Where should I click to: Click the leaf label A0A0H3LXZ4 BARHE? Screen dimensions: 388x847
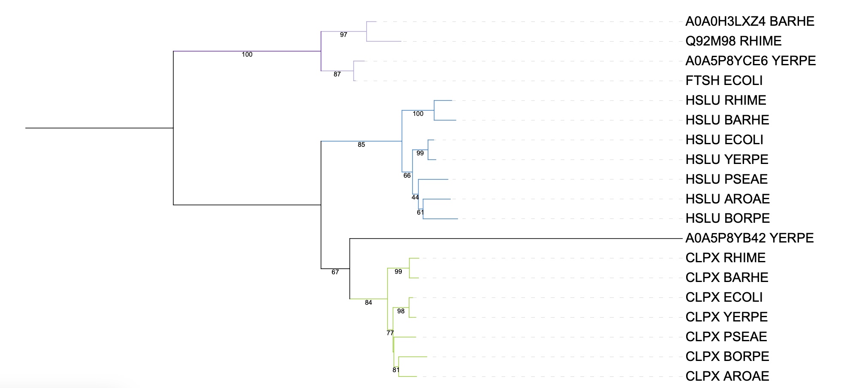[749, 21]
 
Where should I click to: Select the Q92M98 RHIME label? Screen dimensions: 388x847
[733, 41]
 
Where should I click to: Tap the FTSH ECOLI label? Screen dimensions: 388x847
[724, 81]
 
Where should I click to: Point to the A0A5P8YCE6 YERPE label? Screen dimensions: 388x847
[750, 61]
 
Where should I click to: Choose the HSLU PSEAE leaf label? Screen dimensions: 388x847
[726, 179]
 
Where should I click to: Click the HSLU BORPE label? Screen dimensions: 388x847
[727, 218]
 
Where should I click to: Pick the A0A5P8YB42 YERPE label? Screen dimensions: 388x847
[749, 238]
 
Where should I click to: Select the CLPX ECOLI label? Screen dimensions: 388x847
[724, 297]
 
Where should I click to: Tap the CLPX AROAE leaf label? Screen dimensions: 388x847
[727, 376]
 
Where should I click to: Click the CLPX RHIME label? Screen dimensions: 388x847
[725, 258]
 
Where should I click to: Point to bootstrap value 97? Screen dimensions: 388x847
[344, 35]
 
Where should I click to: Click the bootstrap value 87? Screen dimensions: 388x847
[337, 74]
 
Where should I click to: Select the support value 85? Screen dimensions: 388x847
[361, 145]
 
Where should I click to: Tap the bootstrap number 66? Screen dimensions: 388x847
[407, 176]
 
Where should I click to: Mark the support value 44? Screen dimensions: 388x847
[415, 197]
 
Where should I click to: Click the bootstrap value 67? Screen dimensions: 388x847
[335, 272]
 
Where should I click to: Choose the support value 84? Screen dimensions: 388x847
[368, 303]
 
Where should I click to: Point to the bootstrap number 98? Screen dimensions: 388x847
[401, 311]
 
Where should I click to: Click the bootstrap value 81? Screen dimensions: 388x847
[396, 370]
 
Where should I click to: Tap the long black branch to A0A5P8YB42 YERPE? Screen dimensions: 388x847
[515, 238]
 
